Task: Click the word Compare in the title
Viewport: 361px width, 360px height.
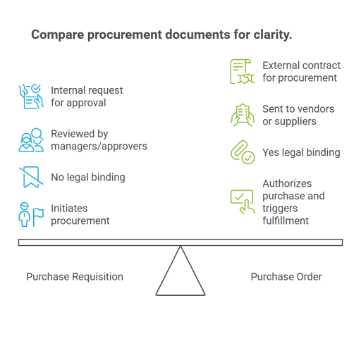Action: click(x=58, y=35)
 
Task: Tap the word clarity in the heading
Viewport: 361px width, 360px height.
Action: click(x=273, y=35)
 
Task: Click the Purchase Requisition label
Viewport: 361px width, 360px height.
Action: click(x=75, y=277)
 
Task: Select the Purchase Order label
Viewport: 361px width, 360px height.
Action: click(x=286, y=277)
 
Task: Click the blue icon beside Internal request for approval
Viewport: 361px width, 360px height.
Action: click(x=31, y=97)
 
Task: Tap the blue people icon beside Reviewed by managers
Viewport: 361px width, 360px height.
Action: click(x=31, y=140)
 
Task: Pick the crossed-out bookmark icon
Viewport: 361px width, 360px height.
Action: click(x=31, y=178)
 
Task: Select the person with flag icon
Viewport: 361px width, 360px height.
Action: click(x=31, y=214)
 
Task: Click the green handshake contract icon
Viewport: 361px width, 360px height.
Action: click(x=243, y=72)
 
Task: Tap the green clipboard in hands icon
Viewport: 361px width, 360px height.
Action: click(x=243, y=115)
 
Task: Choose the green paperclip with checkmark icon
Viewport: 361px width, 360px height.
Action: click(x=243, y=152)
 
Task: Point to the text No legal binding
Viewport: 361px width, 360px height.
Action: click(x=88, y=178)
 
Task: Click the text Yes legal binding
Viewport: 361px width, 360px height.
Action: click(x=301, y=152)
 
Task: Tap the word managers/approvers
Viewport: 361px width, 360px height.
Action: click(x=99, y=147)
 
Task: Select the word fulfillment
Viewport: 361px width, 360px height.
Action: click(x=286, y=221)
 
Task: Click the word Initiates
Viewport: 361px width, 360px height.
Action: click(x=69, y=209)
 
